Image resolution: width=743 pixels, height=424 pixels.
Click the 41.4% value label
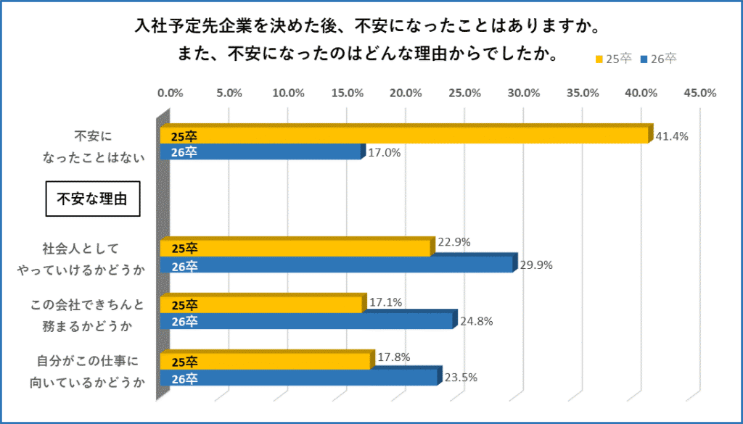(671, 136)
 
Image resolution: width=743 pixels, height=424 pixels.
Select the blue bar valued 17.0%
(261, 152)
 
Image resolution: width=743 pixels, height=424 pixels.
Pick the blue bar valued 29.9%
(337, 266)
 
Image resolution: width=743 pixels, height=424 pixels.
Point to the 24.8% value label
(476, 321)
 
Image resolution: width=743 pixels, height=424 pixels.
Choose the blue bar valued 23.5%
(300, 378)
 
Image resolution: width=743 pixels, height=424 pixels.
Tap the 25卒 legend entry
(612, 59)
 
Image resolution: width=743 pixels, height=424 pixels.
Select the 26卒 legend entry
(658, 59)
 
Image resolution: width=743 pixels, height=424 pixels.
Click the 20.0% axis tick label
(406, 93)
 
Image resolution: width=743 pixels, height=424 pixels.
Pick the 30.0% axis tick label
(523, 93)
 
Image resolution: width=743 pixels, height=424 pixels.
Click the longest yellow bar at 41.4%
(406, 136)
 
